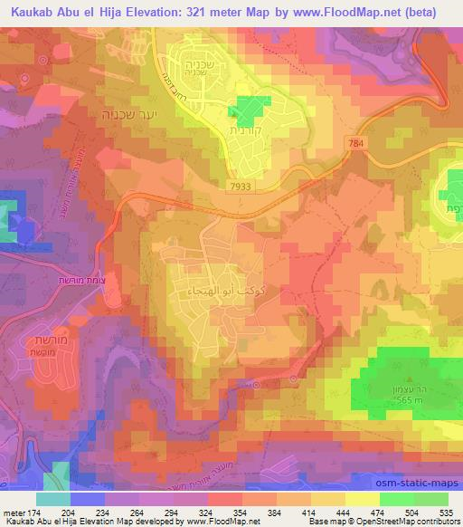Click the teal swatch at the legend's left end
(52, 499)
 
